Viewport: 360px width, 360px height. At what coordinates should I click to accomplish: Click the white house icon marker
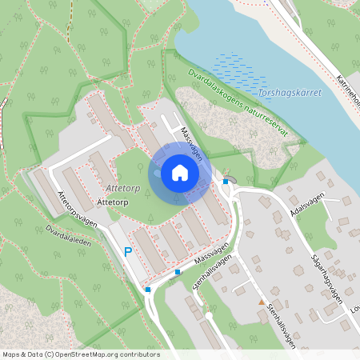[x=180, y=173]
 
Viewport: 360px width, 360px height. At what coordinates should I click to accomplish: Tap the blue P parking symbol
[x=127, y=253]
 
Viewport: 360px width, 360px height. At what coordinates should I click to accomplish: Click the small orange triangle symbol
[x=261, y=302]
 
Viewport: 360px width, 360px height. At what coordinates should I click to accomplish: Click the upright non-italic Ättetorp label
[x=111, y=202]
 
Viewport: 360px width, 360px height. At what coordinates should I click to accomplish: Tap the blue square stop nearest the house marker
[x=226, y=182]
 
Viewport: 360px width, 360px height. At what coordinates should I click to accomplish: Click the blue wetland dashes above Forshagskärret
[x=240, y=71]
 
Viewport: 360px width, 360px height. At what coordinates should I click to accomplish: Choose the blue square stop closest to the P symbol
[x=147, y=289]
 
